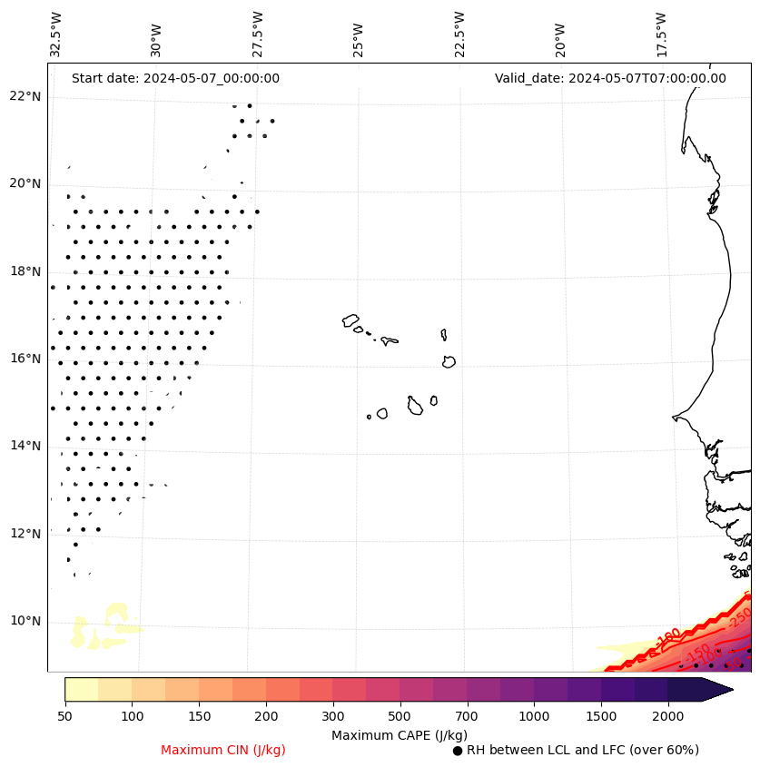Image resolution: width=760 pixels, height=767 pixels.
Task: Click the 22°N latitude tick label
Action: click(x=25, y=96)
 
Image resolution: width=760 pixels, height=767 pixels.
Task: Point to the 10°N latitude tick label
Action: click(x=25, y=622)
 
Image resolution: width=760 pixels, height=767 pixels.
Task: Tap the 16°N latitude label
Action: click(x=25, y=359)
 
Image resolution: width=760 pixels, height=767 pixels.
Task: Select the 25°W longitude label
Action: click(x=358, y=34)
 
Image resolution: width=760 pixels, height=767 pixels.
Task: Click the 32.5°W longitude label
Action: click(x=56, y=34)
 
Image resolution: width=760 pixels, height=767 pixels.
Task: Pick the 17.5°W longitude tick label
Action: click(x=661, y=34)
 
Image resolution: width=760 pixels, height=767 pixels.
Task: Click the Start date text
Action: click(x=175, y=78)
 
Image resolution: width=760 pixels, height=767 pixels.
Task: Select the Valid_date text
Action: click(x=610, y=78)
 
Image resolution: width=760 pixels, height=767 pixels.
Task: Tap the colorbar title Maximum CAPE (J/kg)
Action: click(x=399, y=734)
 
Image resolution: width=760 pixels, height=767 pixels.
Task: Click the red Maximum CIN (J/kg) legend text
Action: click(x=223, y=750)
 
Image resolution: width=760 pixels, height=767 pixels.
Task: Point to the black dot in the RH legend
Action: click(x=458, y=751)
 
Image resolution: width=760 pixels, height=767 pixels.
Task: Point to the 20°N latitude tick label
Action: click(x=25, y=183)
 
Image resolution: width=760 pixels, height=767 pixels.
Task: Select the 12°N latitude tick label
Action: click(x=25, y=534)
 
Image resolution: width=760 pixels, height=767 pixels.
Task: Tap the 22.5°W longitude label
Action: click(x=459, y=34)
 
